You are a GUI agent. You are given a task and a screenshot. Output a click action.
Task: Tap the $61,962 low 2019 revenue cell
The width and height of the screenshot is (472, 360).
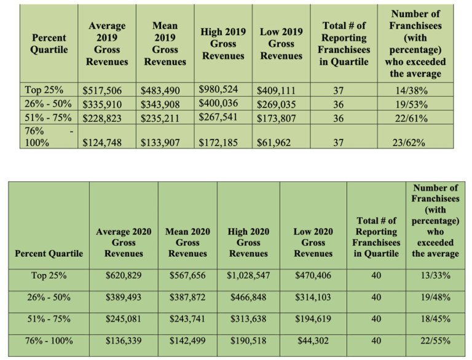click(273, 144)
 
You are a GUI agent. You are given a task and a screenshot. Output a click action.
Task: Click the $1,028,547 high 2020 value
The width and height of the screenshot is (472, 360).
click(248, 275)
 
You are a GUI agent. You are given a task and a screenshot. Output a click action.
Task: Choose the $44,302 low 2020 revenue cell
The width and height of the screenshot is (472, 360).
click(313, 340)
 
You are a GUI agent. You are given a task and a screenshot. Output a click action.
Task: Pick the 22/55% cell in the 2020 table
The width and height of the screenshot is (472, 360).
click(436, 340)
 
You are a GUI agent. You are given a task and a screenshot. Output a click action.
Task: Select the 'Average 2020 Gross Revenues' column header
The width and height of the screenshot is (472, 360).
click(124, 242)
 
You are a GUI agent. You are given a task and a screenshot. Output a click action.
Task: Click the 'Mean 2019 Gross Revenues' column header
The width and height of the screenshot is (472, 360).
click(165, 44)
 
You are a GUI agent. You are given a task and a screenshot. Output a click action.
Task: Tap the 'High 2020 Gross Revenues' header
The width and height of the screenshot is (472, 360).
click(248, 242)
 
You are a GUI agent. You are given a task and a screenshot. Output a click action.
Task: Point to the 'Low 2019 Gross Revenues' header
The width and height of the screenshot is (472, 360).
click(281, 44)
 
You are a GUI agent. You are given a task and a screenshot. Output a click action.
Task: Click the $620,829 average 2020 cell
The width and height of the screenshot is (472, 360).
click(124, 275)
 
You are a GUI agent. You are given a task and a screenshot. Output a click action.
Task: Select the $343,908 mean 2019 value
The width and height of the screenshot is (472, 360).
click(161, 104)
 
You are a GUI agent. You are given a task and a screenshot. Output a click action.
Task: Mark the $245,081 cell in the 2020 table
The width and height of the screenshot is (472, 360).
click(124, 318)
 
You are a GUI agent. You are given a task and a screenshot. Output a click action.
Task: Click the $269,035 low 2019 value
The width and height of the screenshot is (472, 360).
click(277, 104)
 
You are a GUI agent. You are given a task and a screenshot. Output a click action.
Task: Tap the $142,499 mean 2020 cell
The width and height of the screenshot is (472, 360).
click(187, 340)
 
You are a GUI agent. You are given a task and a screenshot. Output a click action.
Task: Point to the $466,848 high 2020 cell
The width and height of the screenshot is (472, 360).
click(248, 297)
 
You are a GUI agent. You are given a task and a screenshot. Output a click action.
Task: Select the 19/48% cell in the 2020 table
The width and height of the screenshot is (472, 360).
click(436, 297)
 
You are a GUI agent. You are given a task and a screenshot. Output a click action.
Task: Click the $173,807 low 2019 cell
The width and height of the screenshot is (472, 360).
click(277, 117)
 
